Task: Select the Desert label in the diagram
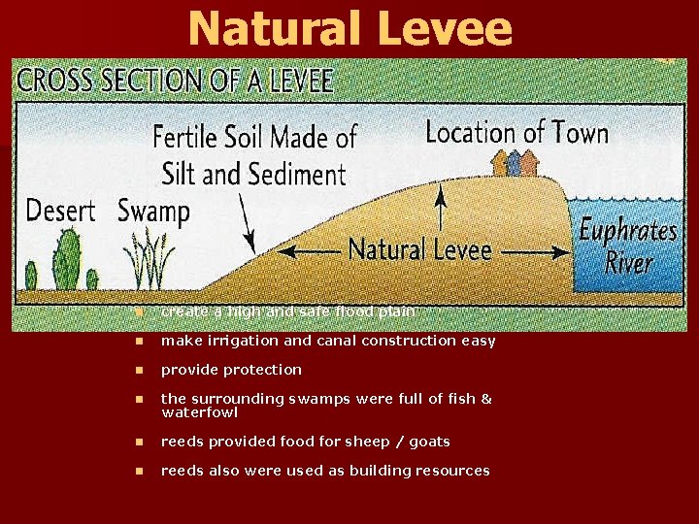click(x=60, y=211)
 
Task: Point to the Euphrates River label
click(x=627, y=246)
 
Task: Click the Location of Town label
click(x=516, y=132)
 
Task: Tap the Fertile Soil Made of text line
click(x=255, y=137)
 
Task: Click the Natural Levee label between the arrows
click(x=419, y=249)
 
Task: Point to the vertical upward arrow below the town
click(x=442, y=208)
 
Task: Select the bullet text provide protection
click(x=231, y=370)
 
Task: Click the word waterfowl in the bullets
click(x=199, y=412)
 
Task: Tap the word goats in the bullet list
click(x=429, y=442)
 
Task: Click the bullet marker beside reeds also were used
click(x=140, y=471)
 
